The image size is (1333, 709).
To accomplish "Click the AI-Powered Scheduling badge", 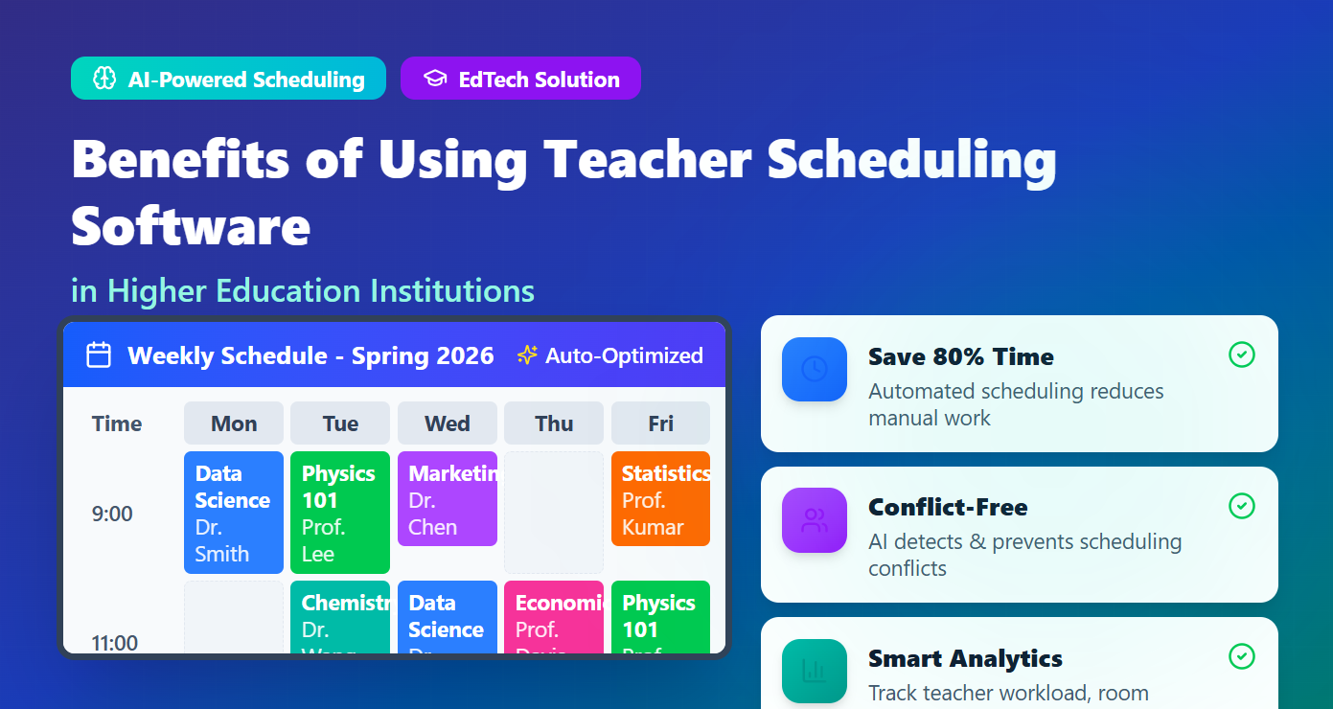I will click(228, 79).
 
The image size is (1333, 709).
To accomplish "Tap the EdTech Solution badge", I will click(520, 79).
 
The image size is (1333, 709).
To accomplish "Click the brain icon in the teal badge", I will click(103, 79).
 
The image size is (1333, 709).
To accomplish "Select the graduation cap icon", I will click(435, 79).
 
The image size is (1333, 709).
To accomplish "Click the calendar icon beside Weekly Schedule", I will click(99, 355).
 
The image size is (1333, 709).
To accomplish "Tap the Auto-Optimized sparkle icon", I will click(527, 355).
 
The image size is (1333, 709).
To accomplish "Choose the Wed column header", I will click(447, 423).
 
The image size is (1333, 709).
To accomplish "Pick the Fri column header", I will click(660, 423).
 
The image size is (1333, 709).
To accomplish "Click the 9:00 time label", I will click(112, 514).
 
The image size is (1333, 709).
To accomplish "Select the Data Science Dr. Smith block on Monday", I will click(233, 513).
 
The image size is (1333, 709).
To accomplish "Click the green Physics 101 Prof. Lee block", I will click(339, 513).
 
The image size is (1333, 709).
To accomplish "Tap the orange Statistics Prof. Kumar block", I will click(660, 499).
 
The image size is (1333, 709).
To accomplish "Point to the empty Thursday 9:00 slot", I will click(554, 513).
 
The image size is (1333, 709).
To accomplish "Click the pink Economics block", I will click(554, 618).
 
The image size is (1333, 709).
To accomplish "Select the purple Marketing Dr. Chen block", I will click(447, 499).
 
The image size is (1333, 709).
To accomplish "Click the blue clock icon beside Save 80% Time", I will click(815, 369).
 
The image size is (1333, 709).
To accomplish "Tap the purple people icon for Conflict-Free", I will click(815, 520).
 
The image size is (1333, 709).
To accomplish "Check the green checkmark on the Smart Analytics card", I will click(1241, 656).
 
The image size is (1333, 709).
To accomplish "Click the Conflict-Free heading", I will click(947, 507).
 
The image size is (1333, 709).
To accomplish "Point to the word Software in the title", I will click(191, 226).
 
